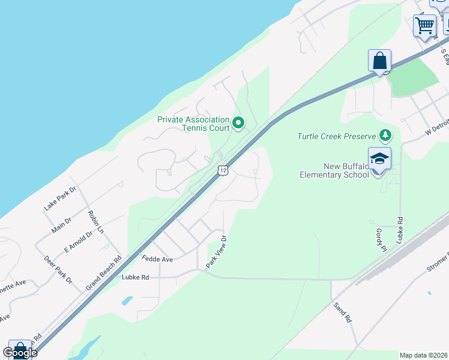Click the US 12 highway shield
coord(223,170)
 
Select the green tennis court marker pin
coord(238,124)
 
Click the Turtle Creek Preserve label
coord(336,136)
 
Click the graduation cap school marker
coord(379,159)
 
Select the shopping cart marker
coord(424,25)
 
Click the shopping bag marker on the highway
coord(379,61)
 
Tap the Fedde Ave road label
coord(157,259)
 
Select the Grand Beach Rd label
coord(103,272)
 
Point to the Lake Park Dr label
coord(60,198)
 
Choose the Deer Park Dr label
coord(58,270)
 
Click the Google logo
coord(20,353)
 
